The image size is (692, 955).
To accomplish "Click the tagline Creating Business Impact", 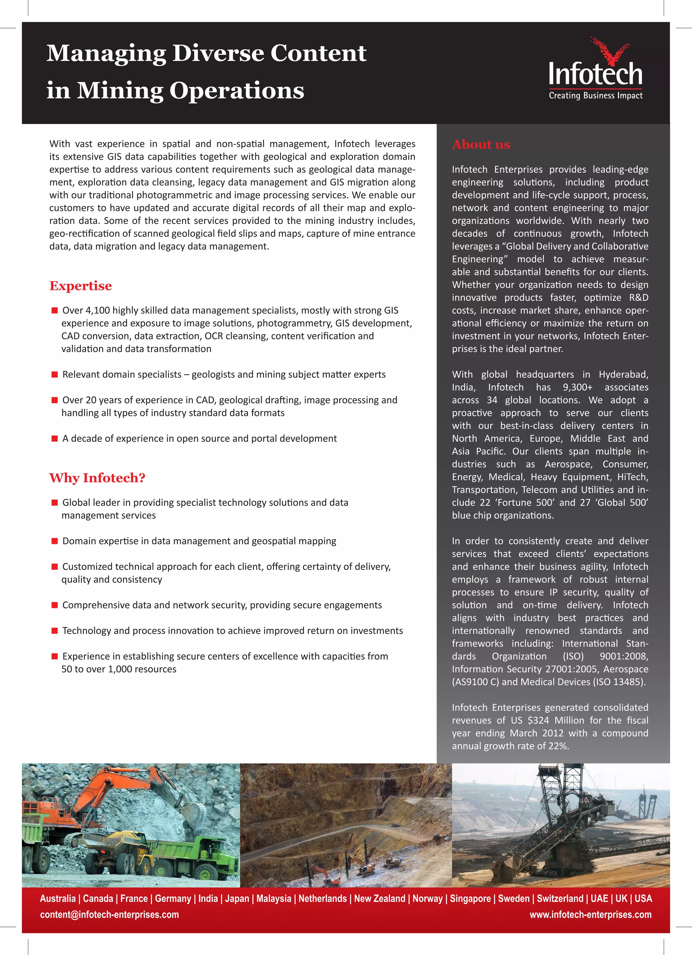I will point(595,96).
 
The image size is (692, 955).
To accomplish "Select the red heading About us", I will point(480,145).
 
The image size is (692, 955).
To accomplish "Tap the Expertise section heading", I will point(80,285).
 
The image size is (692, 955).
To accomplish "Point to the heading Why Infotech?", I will point(97,478).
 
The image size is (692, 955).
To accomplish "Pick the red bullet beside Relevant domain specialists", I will point(54,374).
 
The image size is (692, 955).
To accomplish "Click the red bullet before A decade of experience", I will point(54,438).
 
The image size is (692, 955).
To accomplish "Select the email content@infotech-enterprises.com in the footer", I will point(109,914).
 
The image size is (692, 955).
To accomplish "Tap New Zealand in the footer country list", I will point(379,898).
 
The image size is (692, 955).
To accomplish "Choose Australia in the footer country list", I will point(58,898).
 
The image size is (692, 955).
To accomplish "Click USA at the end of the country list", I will point(643,898).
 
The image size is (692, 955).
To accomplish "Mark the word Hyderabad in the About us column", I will point(623,374).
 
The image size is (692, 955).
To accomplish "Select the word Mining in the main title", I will point(119,91).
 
